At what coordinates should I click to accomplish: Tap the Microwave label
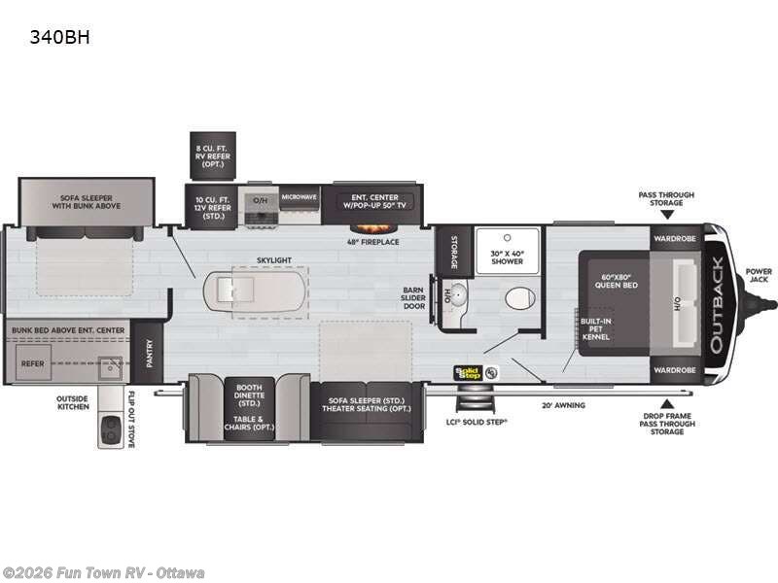click(x=299, y=197)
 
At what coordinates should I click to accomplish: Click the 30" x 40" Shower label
click(x=506, y=257)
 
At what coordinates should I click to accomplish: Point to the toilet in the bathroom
click(x=520, y=297)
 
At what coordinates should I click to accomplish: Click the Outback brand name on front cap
click(x=716, y=304)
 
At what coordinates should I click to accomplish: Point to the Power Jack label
click(x=759, y=275)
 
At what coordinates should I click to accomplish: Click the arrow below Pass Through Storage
click(x=666, y=216)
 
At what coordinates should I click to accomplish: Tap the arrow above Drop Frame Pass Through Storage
click(x=667, y=402)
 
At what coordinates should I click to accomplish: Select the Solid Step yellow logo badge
click(x=470, y=370)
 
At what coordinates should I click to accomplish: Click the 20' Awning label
click(x=564, y=405)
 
